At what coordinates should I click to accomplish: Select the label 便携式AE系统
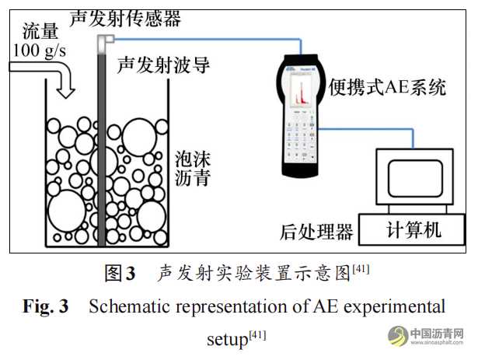tap(389, 87)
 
